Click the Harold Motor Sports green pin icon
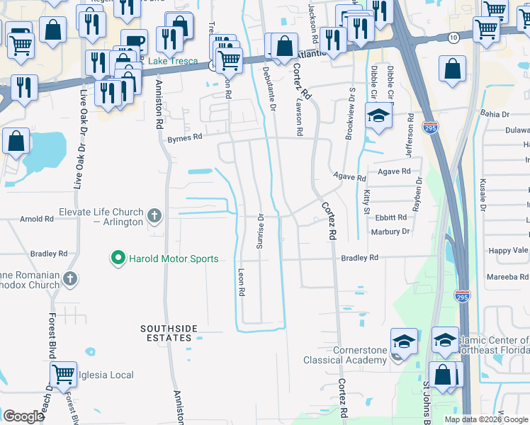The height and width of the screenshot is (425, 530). coord(118,259)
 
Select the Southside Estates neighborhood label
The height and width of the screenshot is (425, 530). coord(166,333)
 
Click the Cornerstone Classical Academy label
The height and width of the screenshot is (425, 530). coord(345,355)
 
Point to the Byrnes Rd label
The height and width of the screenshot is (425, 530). coord(184,139)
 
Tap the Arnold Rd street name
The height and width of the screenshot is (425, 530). coord(37,220)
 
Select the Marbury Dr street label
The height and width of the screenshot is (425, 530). coord(390,232)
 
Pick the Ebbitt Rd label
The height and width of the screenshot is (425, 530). coord(391,217)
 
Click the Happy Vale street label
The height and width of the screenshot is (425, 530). coord(508,251)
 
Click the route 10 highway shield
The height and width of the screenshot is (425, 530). coord(452,37)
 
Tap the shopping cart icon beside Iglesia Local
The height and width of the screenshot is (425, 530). coord(63,373)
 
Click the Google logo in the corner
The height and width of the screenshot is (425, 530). coord(23,416)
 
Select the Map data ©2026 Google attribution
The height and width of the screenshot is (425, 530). coord(485,419)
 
